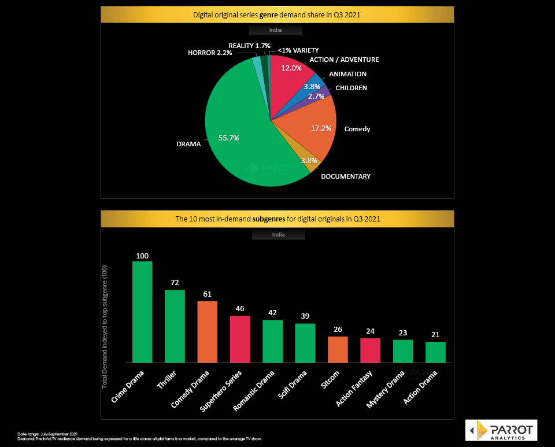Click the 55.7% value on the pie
click(229, 138)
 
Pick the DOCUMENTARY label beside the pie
click(346, 176)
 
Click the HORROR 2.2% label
click(210, 53)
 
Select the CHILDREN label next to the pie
click(351, 88)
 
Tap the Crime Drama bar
click(142, 312)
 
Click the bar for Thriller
click(175, 326)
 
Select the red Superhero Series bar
click(240, 339)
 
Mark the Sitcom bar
click(338, 349)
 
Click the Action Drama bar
click(435, 352)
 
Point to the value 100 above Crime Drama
click(142, 256)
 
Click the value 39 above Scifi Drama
click(305, 317)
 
